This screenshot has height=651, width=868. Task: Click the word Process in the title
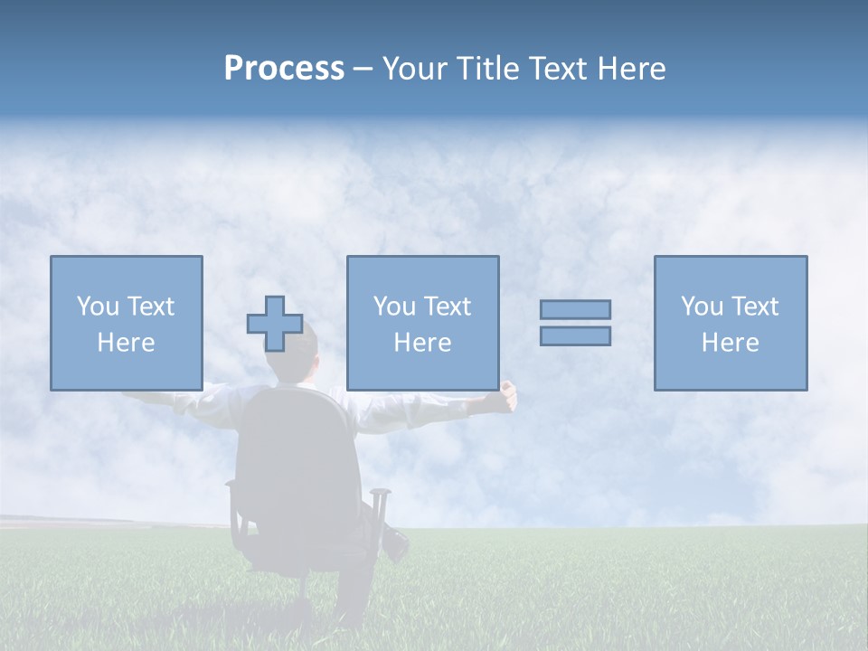tap(284, 69)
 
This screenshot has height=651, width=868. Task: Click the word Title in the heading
tap(487, 69)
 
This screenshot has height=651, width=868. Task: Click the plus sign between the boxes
tap(275, 324)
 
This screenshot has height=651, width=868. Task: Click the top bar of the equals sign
tap(575, 309)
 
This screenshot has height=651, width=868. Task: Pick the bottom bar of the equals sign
tap(575, 335)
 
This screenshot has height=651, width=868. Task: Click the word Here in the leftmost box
tap(126, 343)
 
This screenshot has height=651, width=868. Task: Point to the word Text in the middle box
tap(448, 307)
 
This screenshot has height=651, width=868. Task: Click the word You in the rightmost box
tap(702, 307)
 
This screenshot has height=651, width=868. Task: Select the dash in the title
tap(363, 69)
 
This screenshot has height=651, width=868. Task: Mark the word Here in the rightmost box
tap(730, 343)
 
